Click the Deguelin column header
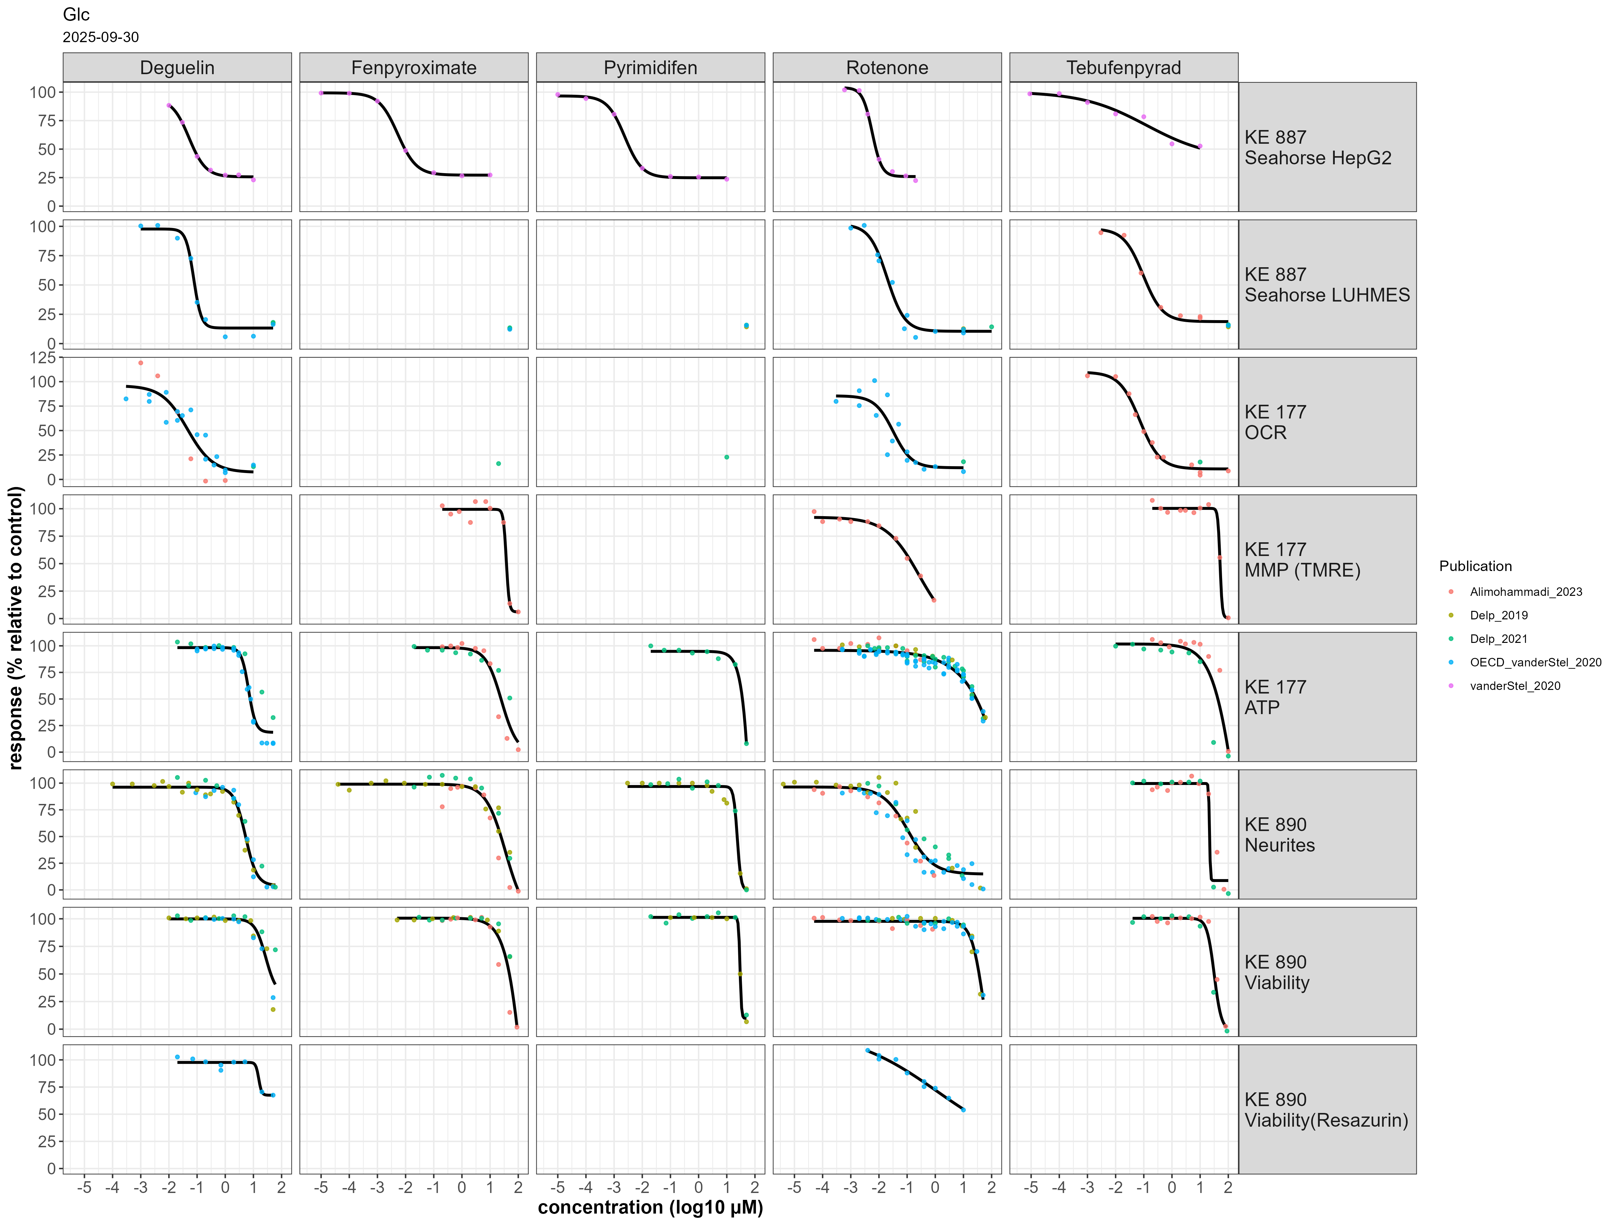tap(177, 68)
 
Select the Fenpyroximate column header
tap(414, 68)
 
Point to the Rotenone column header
tap(887, 68)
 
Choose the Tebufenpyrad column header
tap(1123, 68)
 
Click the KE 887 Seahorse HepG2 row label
tap(1317, 148)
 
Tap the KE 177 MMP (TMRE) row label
tap(1302, 560)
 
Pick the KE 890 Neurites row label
tap(1279, 835)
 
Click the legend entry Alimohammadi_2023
tap(1526, 592)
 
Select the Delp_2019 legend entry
tap(1498, 615)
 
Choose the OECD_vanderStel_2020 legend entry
tap(1535, 662)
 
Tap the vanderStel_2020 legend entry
tap(1515, 686)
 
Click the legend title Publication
tap(1475, 566)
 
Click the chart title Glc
tap(76, 15)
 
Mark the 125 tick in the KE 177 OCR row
tap(42, 357)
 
